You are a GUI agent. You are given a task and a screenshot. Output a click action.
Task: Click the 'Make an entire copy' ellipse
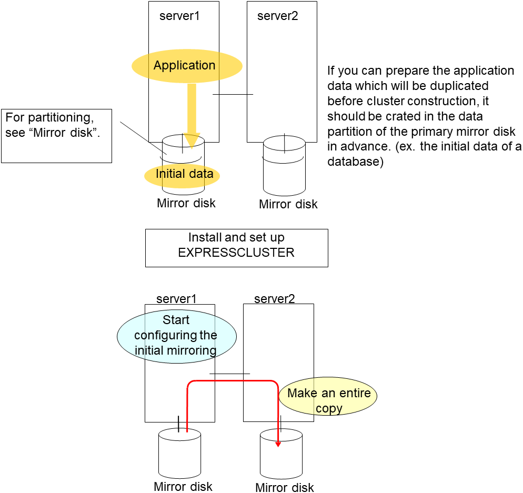[x=328, y=400]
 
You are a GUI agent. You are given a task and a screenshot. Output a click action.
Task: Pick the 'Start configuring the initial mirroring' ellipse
[x=176, y=336]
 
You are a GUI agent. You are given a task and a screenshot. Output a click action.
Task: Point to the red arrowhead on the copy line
[x=278, y=444]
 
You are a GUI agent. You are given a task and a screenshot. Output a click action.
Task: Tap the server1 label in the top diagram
[x=179, y=16]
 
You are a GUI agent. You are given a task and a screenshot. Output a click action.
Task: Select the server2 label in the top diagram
[x=277, y=16]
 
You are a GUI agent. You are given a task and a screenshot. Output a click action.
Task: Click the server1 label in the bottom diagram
[x=176, y=299]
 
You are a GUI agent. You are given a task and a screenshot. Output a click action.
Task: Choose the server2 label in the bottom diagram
[x=274, y=299]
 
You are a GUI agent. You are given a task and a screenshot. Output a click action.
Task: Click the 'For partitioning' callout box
[x=57, y=135]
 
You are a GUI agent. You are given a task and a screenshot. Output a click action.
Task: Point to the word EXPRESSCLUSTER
[x=236, y=253]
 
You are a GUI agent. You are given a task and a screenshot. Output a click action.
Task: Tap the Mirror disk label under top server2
[x=288, y=204]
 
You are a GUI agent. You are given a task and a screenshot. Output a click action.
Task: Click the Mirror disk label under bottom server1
[x=183, y=486]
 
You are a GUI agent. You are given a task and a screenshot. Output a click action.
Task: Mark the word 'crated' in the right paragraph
[x=406, y=116]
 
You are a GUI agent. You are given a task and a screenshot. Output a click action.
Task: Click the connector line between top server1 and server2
[x=233, y=95]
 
